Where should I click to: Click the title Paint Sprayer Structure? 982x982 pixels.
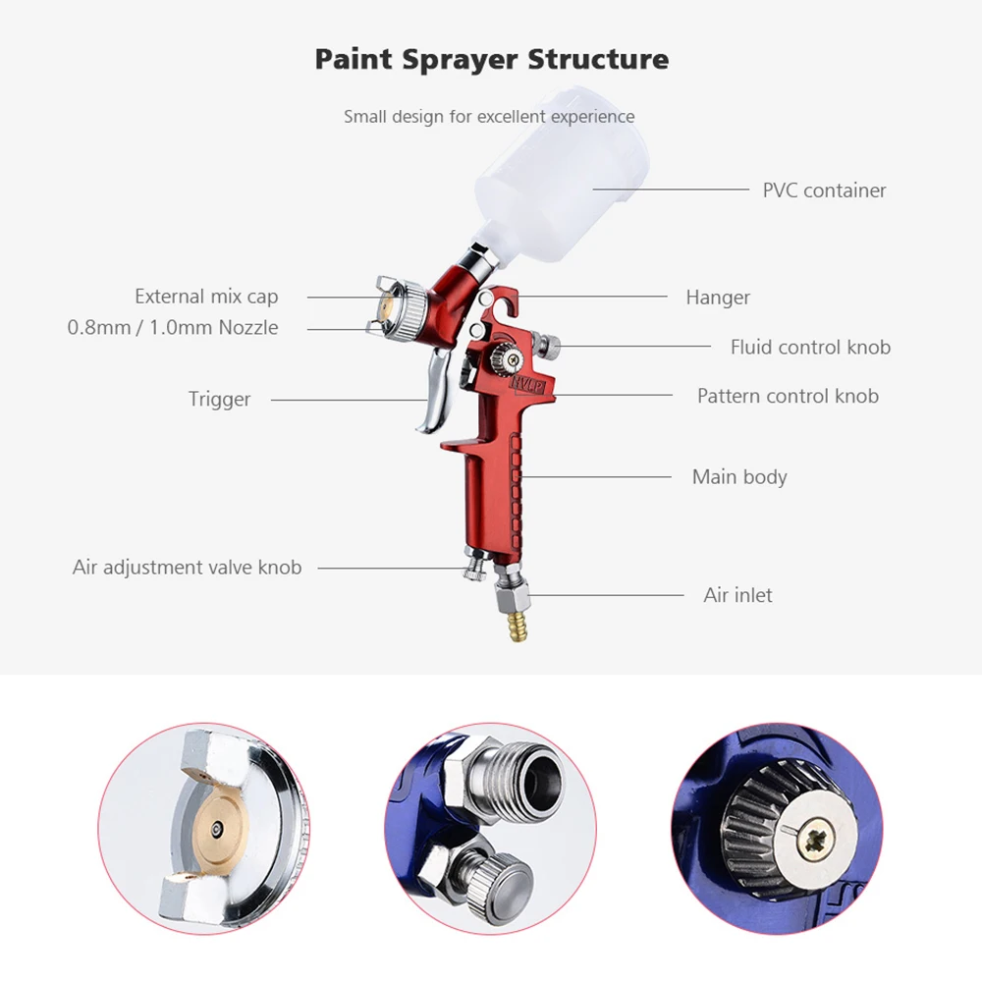pos(491,59)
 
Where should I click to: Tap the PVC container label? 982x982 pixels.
pos(824,191)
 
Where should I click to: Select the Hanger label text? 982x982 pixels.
pos(718,298)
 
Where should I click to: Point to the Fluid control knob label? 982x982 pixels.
pos(810,348)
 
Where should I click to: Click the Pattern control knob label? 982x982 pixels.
pos(788,397)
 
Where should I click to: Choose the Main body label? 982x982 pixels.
pos(739,477)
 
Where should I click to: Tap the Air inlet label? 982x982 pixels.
pos(737,595)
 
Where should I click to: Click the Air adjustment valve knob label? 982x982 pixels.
pos(187,568)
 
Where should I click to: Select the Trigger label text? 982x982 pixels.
pos(219,400)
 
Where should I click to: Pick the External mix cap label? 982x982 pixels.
pos(206,297)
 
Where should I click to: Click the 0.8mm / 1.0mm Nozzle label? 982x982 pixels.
pos(172,328)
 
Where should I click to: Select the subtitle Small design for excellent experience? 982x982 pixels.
pos(489,117)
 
